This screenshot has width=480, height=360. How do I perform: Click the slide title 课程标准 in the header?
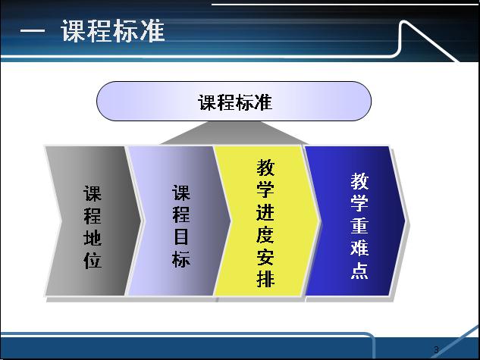113,30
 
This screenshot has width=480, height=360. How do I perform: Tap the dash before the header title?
33,31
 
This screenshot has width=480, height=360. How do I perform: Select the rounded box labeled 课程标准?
234,102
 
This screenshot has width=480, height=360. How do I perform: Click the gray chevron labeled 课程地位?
92,221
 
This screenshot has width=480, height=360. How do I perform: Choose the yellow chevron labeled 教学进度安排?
266,221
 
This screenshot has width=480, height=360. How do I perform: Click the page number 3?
436,349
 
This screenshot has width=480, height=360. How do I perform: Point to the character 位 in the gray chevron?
93,260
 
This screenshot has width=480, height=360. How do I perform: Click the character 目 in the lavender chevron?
181,236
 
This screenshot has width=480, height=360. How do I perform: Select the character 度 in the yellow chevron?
265,235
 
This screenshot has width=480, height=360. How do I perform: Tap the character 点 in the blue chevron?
359,270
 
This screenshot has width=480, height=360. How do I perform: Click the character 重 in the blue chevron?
359,225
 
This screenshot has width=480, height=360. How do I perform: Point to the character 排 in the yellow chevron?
265,279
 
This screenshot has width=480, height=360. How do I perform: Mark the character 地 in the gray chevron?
93,238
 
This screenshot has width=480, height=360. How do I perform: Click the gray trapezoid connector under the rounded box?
235,133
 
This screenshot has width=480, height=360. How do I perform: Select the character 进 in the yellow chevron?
265,212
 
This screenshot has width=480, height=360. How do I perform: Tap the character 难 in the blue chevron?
359,247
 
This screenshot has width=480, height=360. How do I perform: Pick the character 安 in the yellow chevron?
265,257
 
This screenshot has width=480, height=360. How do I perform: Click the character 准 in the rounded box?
263,102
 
